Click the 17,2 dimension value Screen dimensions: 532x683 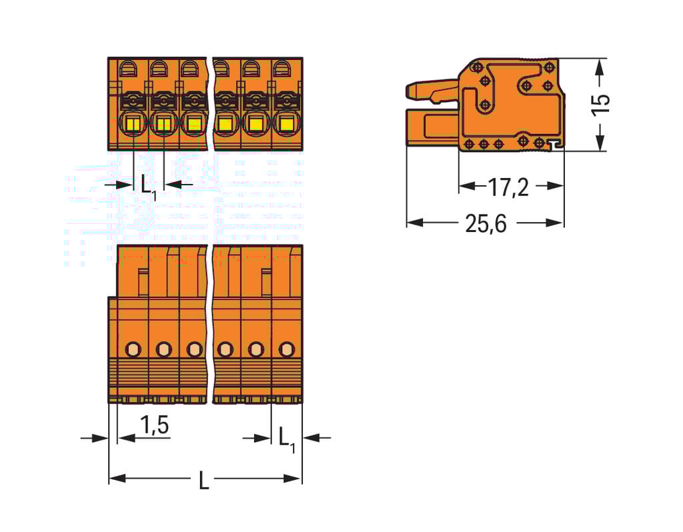508,188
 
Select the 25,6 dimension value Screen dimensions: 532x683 486,224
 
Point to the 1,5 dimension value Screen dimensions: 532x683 154,425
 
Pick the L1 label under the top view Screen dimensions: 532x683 149,186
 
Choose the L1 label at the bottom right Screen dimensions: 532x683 286,439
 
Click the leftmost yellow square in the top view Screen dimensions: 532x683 133,123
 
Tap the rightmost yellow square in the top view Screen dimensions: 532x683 286,123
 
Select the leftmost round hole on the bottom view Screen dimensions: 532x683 133,348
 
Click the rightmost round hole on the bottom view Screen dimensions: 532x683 286,348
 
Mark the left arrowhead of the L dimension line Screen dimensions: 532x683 114,478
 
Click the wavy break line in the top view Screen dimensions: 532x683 211,103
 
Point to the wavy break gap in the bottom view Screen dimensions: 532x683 211,323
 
